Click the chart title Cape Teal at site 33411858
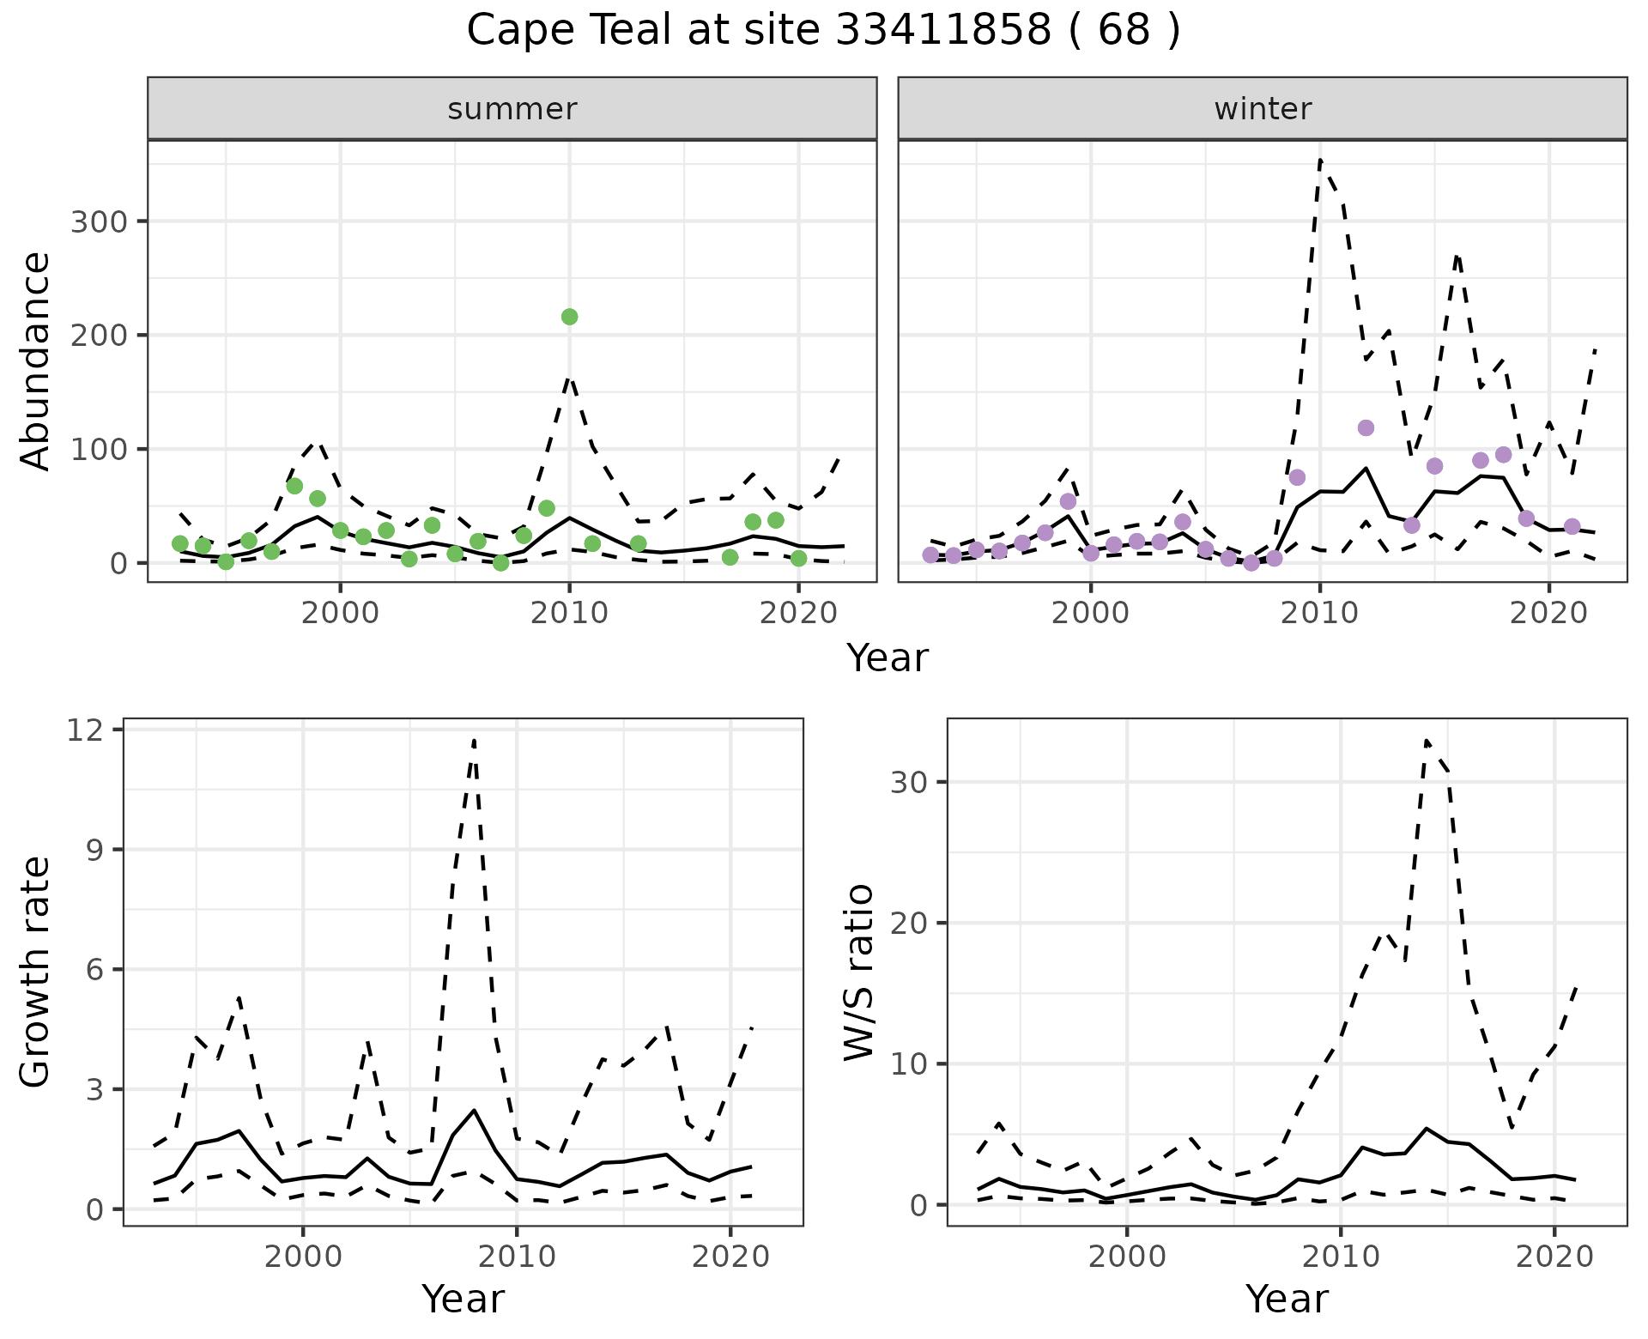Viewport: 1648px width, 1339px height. tap(823, 31)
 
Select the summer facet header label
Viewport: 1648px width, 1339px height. tap(512, 109)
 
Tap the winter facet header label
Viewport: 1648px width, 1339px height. tap(1263, 109)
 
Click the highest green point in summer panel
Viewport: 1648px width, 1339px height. tap(569, 317)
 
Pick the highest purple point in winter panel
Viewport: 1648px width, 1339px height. tap(1366, 428)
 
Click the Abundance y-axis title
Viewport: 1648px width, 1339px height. tap(36, 360)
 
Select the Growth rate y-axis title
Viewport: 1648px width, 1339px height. tap(36, 972)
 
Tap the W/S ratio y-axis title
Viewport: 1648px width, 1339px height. tap(859, 972)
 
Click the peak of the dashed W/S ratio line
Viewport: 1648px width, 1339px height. tap(1426, 740)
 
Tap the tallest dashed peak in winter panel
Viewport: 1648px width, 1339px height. tap(1320, 160)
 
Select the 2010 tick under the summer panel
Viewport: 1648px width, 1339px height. tap(569, 613)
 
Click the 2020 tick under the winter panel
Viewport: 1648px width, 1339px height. tap(1548, 613)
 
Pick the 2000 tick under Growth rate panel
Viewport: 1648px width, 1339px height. tap(303, 1257)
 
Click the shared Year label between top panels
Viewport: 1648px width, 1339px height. tap(888, 658)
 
